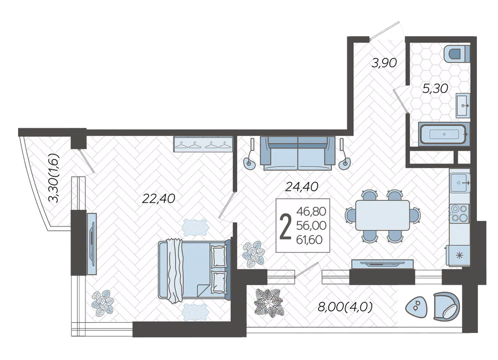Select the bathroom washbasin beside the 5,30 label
pos(463,105)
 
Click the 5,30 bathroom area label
pos(435,88)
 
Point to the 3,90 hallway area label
pos(384,63)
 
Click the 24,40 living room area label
pos(302,187)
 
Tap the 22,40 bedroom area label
pos(158,199)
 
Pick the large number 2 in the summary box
pos(285,225)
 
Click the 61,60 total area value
pos(310,239)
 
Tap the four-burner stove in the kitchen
pos(460,213)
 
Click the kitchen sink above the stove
pos(460,183)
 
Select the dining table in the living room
pos(382,215)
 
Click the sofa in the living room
pos(297,153)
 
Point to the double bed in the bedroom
pos(194,270)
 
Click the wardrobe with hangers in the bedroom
pos(203,144)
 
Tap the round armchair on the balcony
pos(446,306)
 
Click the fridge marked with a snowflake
pos(458,255)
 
